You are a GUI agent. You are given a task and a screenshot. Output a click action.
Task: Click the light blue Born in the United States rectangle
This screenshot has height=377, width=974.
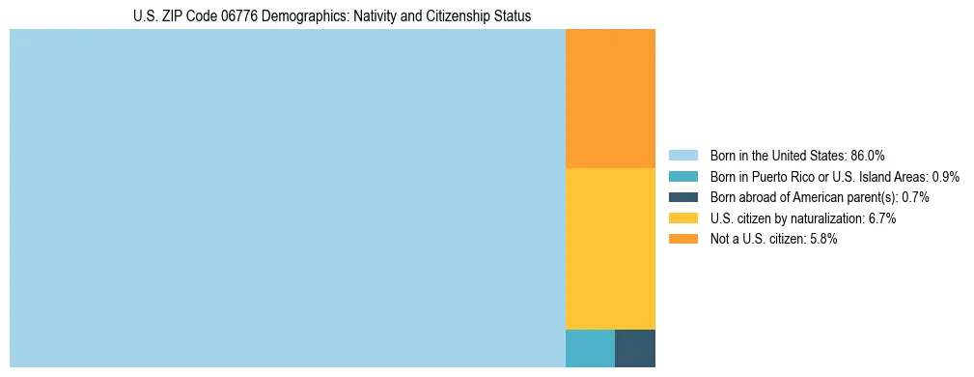pos(287,198)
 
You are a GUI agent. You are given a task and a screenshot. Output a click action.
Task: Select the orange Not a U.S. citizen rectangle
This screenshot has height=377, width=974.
pos(610,99)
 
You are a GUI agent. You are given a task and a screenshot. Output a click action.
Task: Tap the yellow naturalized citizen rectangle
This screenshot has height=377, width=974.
pos(610,248)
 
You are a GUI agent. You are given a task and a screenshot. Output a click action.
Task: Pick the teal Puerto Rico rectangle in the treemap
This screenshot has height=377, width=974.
pos(590,348)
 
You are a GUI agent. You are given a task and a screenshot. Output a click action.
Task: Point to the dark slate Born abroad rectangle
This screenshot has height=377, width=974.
pos(635,348)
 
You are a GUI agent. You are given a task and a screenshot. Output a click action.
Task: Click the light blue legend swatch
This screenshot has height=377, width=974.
pos(682,155)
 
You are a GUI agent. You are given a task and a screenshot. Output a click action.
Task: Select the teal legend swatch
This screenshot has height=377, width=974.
pos(682,176)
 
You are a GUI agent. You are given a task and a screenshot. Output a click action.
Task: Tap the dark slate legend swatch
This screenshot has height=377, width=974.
pos(682,197)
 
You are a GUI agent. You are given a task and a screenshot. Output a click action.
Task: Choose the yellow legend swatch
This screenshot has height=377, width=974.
pos(682,218)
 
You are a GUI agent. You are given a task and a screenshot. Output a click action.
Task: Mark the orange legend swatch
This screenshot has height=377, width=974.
pos(682,240)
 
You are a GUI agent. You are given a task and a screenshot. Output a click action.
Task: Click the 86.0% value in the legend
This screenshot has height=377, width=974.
pos(867,155)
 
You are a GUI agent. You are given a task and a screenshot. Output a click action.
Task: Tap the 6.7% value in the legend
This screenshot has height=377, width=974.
pos(881,218)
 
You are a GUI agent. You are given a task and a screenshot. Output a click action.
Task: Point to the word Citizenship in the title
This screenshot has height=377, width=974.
pos(434,16)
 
